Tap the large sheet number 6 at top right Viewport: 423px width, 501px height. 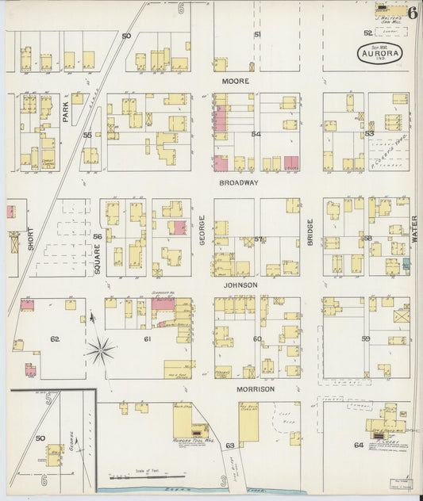[x=413, y=12]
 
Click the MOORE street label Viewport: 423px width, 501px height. [x=235, y=82]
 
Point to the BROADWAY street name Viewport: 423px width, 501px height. [x=239, y=182]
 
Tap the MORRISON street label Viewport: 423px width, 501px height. [x=254, y=389]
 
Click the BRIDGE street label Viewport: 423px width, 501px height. [x=311, y=235]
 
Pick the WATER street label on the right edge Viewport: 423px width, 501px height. [x=414, y=231]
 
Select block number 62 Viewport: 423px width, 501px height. [x=56, y=338]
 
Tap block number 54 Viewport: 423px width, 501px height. [x=256, y=134]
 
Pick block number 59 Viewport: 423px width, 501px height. [x=366, y=338]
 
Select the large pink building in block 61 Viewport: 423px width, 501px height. [x=163, y=304]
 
